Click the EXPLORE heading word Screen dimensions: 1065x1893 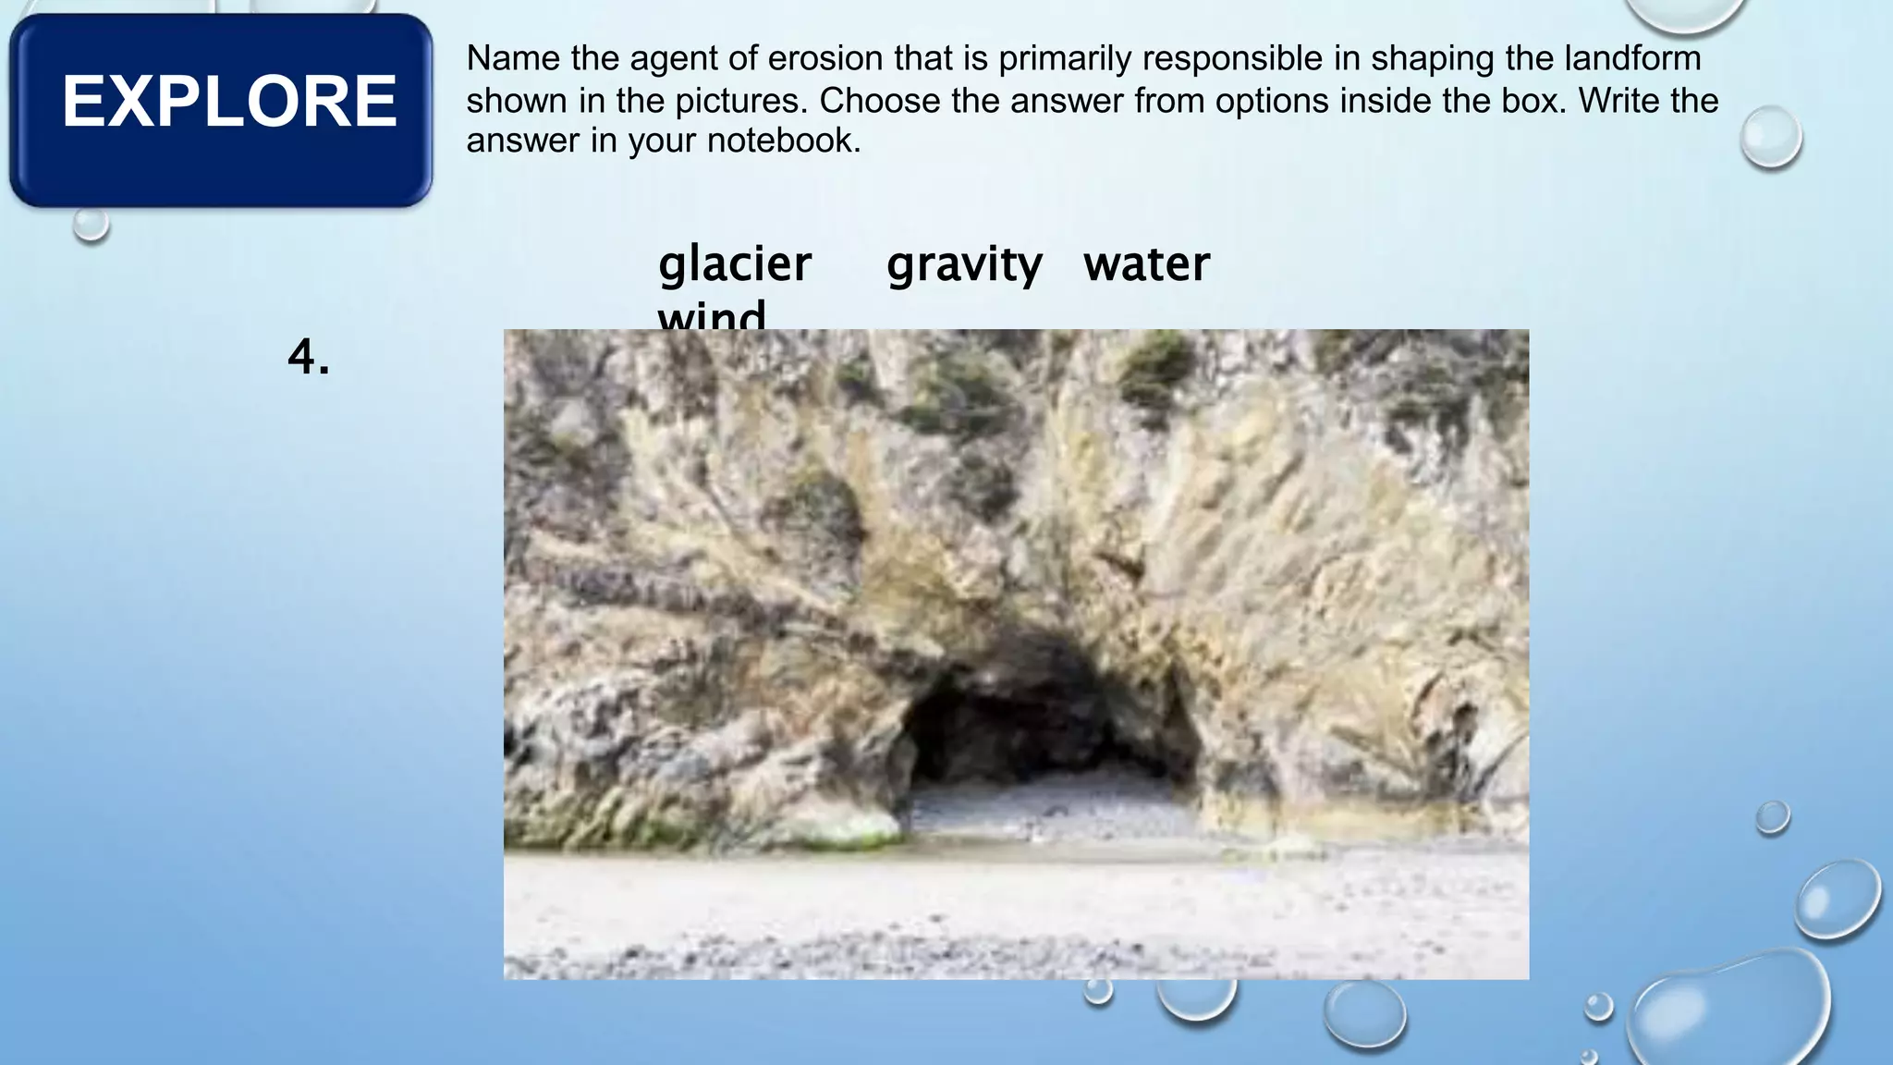(229, 102)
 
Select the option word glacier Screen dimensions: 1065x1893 (735, 264)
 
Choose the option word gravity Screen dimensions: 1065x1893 (964, 264)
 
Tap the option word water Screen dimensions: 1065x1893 (1146, 264)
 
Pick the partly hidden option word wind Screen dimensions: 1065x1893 (712, 316)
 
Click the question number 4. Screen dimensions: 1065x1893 (309, 357)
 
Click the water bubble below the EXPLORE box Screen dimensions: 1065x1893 (91, 223)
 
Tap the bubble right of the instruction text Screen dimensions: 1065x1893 (1770, 137)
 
